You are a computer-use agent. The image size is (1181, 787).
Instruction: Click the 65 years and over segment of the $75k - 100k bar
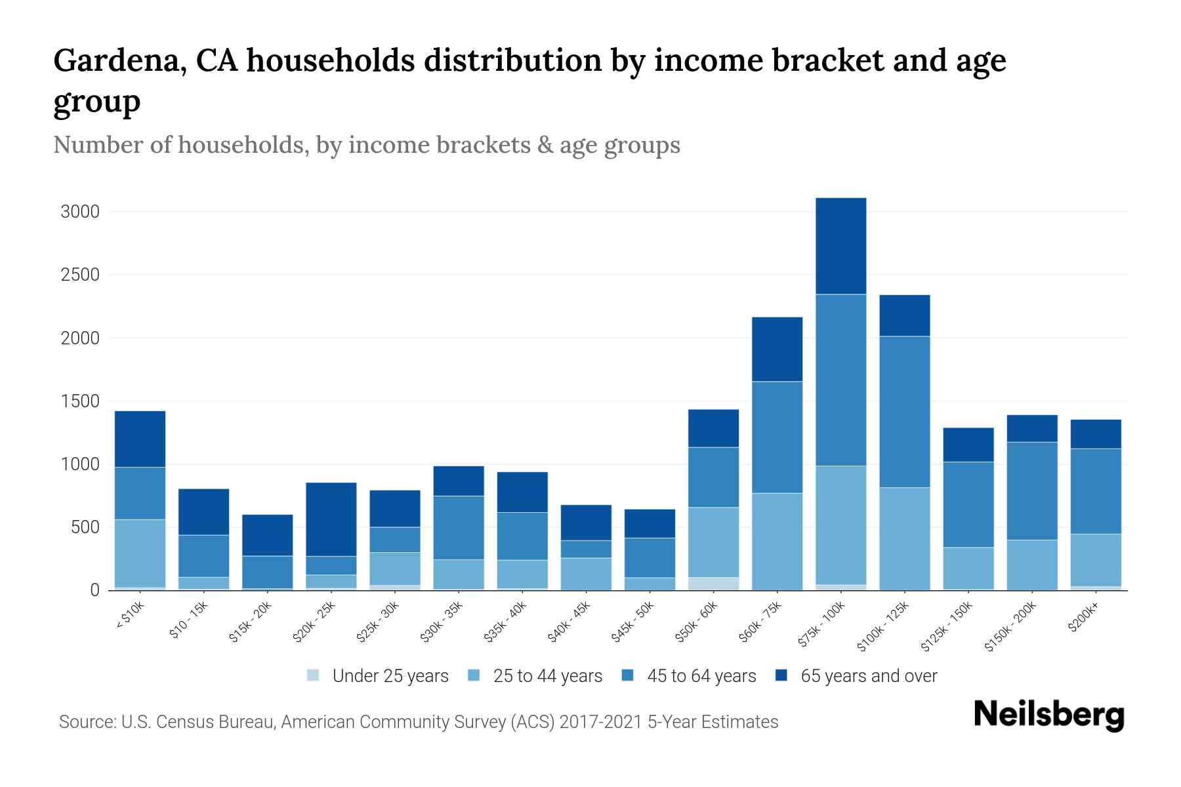[x=840, y=246]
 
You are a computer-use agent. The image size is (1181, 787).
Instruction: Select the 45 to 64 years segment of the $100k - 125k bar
[x=904, y=412]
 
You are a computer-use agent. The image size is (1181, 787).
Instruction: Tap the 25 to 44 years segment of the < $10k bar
[x=140, y=554]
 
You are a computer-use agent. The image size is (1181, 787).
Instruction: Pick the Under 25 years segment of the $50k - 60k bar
[x=713, y=584]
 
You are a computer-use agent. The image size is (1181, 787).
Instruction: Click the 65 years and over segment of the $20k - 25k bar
[x=331, y=519]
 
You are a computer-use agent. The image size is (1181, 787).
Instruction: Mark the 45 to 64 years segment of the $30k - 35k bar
[x=459, y=528]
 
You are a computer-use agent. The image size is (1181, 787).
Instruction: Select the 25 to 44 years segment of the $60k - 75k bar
[x=777, y=542]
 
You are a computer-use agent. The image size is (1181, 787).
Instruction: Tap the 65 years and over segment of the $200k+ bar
[x=1096, y=434]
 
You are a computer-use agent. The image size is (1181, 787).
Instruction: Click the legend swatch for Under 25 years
[x=314, y=676]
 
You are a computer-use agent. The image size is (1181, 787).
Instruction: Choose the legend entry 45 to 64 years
[x=701, y=676]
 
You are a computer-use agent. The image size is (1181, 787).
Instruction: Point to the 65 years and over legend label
[x=869, y=676]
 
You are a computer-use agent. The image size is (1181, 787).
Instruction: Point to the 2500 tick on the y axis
[x=80, y=275]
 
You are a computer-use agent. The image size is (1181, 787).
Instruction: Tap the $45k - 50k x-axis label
[x=634, y=622]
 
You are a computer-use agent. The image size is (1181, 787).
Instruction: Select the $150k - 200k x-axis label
[x=1010, y=627]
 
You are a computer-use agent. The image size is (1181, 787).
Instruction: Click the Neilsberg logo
[x=1048, y=715]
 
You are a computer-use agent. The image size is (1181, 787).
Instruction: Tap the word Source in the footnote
[x=85, y=722]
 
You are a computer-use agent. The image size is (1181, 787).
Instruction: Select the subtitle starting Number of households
[x=366, y=145]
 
